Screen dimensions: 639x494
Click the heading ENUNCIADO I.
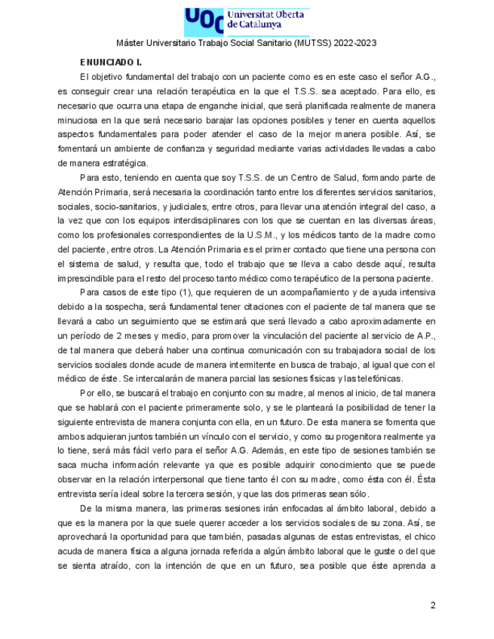click(111, 62)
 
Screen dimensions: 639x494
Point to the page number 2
click(433, 605)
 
